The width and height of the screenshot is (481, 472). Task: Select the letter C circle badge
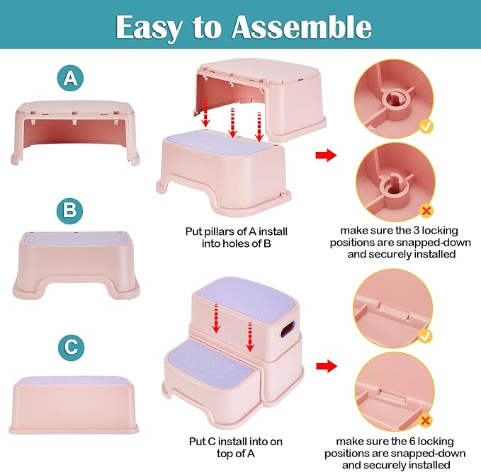click(x=69, y=347)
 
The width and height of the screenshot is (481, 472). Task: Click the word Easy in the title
click(x=147, y=27)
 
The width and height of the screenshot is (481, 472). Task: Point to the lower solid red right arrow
click(x=326, y=366)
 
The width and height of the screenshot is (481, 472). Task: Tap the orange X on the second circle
click(x=426, y=210)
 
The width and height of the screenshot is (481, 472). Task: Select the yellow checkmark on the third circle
click(x=426, y=335)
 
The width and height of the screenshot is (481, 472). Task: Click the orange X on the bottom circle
click(x=426, y=420)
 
